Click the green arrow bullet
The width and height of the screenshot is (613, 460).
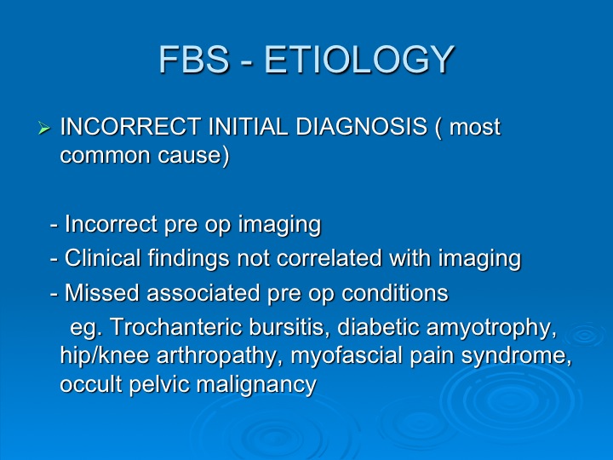pyautogui.click(x=44, y=128)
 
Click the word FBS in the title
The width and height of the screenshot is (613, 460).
pyautogui.click(x=194, y=59)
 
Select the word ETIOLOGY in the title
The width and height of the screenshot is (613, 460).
pyautogui.click(x=359, y=60)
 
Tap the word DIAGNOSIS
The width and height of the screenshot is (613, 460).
pyautogui.click(x=361, y=127)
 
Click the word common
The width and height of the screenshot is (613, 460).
pyautogui.click(x=106, y=155)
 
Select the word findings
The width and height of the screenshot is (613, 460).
pyautogui.click(x=188, y=260)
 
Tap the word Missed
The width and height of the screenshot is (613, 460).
pyautogui.click(x=102, y=292)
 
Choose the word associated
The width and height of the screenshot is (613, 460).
pyautogui.click(x=203, y=292)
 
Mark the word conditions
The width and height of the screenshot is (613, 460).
pyautogui.click(x=395, y=292)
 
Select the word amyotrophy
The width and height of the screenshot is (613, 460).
pyautogui.click(x=491, y=329)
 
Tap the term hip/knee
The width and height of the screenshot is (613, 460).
pyautogui.click(x=105, y=357)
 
